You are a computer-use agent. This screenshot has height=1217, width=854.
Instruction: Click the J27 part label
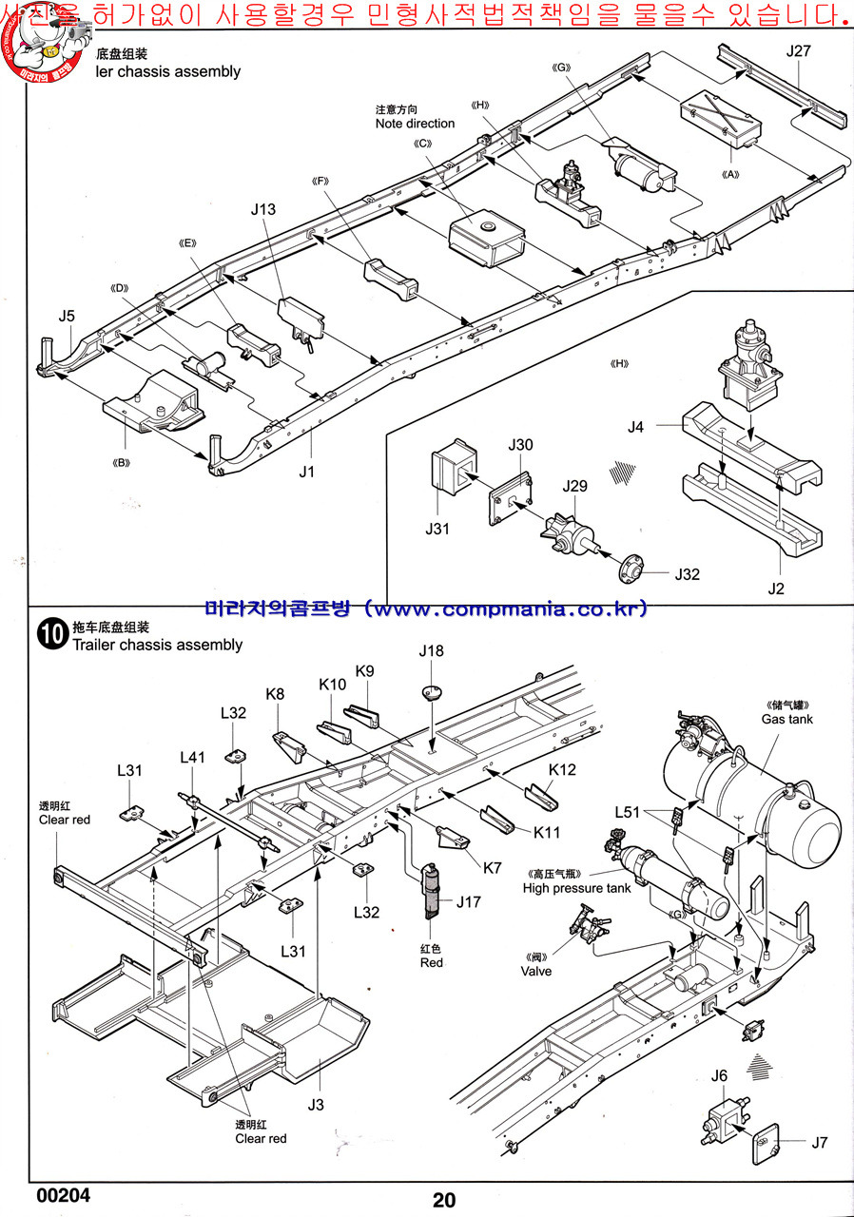(799, 51)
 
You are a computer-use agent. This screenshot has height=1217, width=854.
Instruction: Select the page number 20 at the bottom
(443, 1200)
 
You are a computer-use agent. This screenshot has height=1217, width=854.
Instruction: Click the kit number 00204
(65, 1195)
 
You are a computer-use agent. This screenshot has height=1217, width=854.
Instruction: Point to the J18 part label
(431, 651)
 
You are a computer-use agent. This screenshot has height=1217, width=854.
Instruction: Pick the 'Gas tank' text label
(786, 720)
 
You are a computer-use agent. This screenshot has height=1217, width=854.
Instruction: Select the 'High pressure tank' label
(576, 888)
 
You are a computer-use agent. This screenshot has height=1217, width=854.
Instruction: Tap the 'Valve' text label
(536, 971)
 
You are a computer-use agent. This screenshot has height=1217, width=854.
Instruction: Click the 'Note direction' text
(415, 124)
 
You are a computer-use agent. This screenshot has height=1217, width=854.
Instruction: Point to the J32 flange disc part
(630, 570)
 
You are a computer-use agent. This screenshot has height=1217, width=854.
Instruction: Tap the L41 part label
(193, 757)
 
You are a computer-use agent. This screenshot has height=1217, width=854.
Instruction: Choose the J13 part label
(263, 209)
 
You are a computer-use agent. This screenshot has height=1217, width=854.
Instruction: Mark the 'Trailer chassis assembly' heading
(157, 645)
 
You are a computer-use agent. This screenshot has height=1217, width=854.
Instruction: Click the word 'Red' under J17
(432, 962)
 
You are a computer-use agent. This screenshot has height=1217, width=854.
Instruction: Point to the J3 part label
(316, 1104)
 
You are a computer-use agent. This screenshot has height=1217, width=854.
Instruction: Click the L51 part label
(628, 812)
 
